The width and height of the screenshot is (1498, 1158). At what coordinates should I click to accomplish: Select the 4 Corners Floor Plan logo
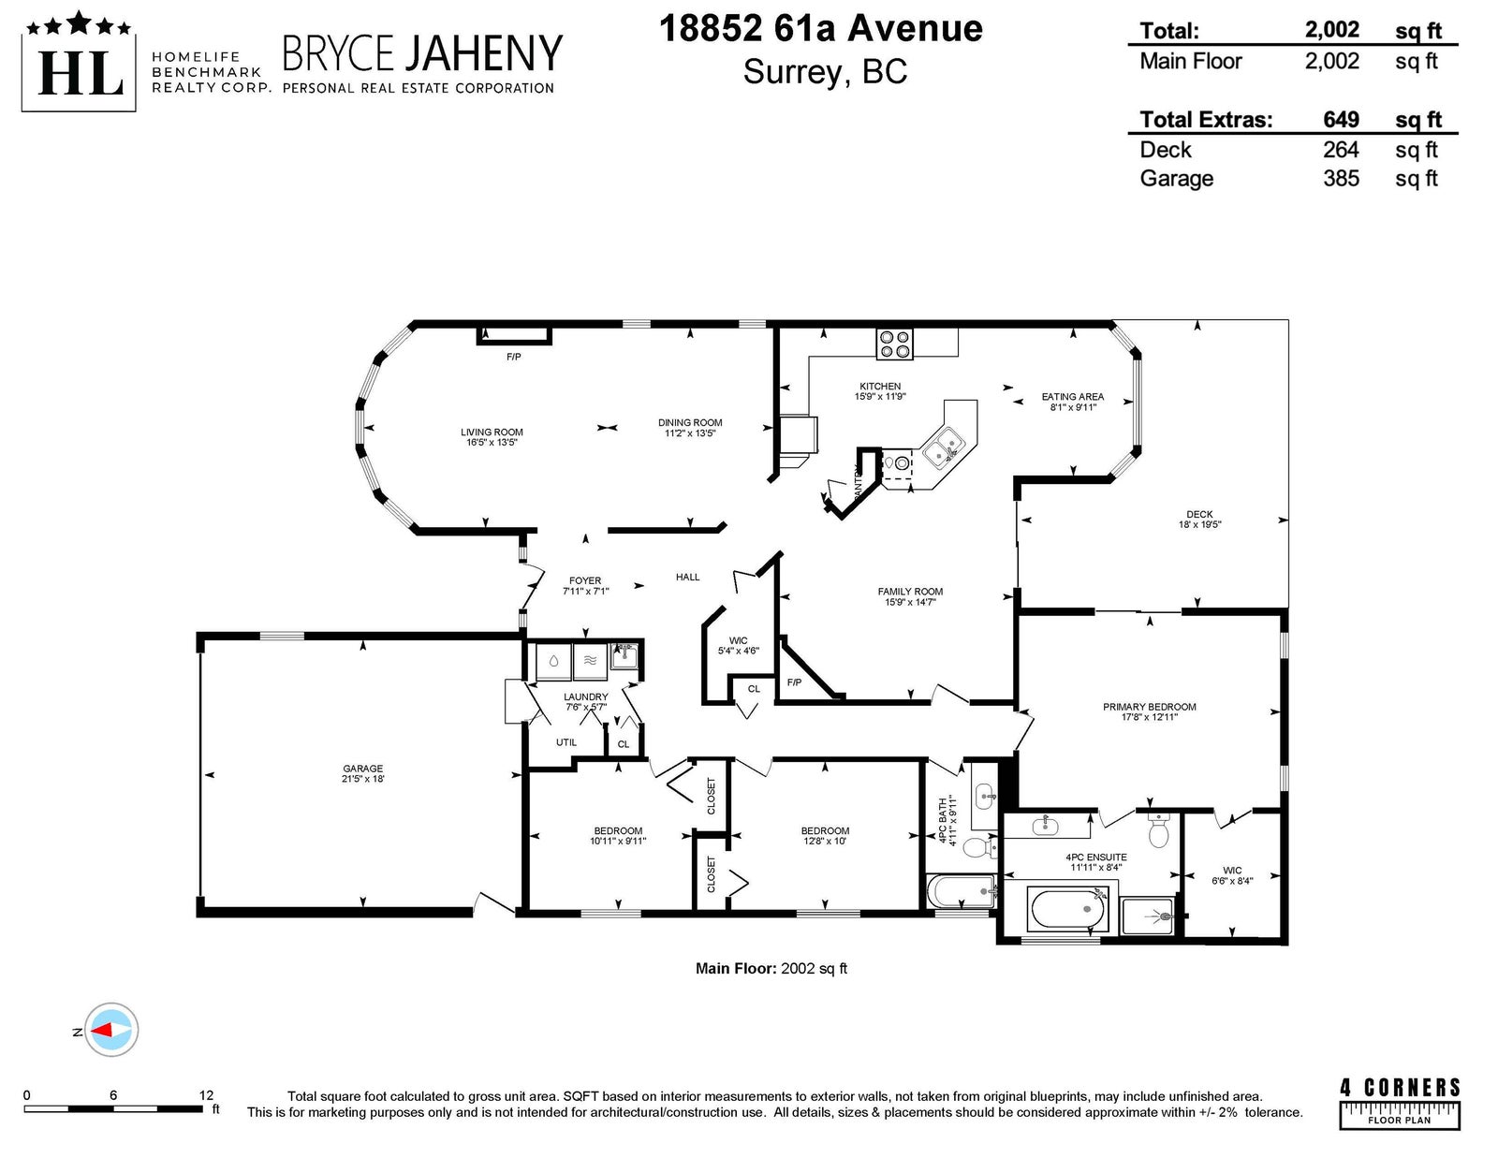[1400, 1106]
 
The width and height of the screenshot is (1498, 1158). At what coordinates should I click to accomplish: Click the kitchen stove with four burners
[894, 344]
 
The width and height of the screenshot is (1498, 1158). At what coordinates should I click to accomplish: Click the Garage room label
[362, 773]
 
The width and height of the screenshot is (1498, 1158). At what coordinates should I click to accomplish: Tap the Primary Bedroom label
[1149, 711]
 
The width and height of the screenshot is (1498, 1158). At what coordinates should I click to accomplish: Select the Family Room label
[910, 596]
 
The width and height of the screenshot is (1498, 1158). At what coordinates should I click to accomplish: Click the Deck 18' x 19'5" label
[1199, 519]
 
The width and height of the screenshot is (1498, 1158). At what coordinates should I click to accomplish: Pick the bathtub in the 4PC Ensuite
[1067, 910]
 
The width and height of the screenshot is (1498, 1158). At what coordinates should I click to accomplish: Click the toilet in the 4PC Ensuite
[1159, 830]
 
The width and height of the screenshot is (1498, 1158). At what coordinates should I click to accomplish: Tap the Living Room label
[492, 437]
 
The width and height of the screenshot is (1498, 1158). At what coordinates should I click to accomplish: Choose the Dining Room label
[689, 428]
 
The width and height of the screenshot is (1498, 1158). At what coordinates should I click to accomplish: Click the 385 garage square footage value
[1341, 179]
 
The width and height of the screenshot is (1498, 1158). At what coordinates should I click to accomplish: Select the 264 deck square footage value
[1341, 150]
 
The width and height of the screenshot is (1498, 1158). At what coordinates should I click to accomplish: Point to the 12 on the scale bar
[206, 1095]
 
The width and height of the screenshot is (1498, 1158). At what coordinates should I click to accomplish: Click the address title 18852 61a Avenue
[820, 28]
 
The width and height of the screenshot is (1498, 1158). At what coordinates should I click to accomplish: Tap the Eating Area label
[1073, 402]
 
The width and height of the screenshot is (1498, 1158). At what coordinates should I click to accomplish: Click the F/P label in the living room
[514, 357]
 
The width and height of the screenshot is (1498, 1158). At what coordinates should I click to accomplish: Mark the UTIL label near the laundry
[566, 742]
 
